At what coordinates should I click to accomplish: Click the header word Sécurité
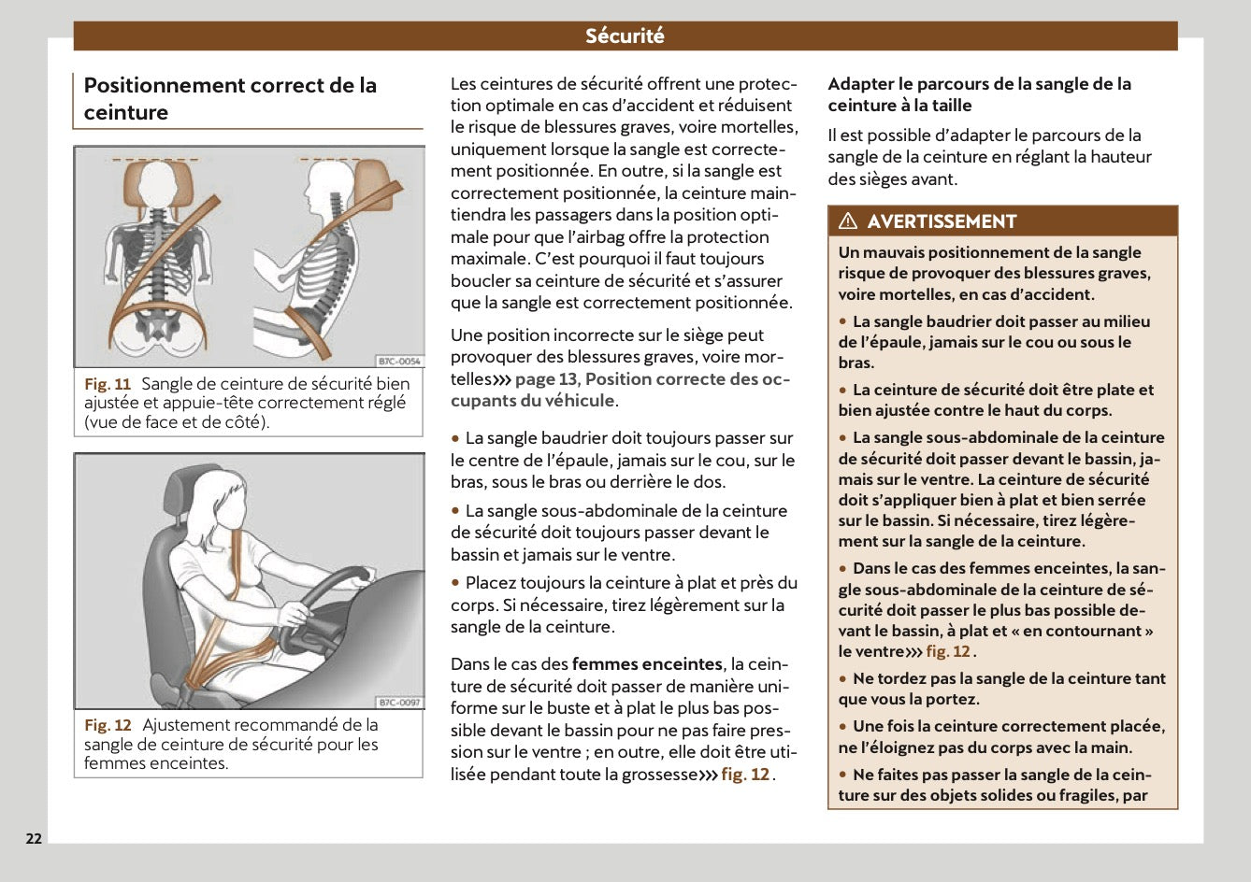click(625, 36)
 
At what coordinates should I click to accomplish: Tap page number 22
click(34, 838)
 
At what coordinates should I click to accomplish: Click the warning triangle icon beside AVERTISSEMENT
click(848, 221)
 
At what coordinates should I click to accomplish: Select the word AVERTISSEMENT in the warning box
click(941, 221)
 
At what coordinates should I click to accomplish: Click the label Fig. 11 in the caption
click(108, 384)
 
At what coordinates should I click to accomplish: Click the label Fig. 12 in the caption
click(108, 725)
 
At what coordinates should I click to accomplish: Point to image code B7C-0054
click(399, 361)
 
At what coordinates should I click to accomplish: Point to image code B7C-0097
click(399, 702)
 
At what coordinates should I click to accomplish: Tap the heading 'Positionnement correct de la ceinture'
click(230, 98)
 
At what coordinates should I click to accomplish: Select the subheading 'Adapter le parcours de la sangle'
click(979, 94)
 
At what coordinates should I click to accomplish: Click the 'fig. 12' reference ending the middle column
click(745, 775)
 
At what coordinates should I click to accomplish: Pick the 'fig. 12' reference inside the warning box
click(948, 652)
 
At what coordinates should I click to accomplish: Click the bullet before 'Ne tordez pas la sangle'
click(843, 679)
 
